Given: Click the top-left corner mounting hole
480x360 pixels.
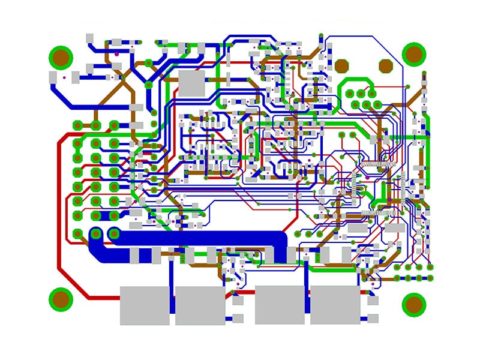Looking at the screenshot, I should (61, 58).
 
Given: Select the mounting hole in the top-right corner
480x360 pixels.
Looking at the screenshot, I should (413, 54).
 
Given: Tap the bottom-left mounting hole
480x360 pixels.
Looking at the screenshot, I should (61, 298).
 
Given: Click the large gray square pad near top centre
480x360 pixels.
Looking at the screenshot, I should (192, 82).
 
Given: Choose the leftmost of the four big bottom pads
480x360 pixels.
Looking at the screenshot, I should (145, 305).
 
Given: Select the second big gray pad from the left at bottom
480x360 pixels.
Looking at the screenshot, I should (200, 305).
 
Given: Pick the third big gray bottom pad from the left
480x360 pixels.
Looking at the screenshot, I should (280, 305).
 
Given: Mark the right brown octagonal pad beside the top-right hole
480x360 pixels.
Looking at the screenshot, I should (385, 65).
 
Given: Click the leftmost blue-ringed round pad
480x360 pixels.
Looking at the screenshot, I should (95, 233).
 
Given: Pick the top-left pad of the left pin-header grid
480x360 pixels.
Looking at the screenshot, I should (77, 125).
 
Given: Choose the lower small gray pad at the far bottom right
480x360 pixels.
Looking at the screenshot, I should (373, 318).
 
